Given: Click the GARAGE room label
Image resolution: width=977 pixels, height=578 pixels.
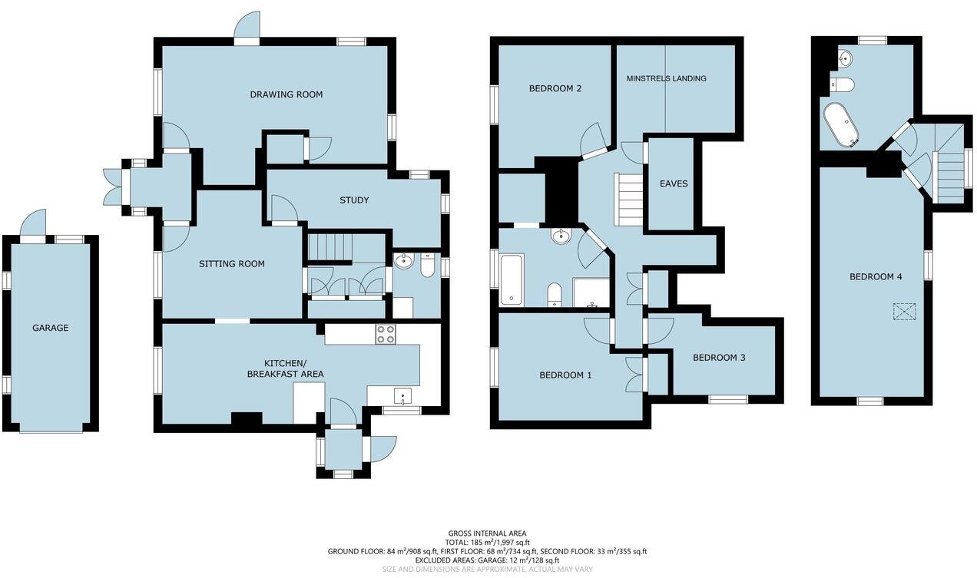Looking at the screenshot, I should pos(50,328).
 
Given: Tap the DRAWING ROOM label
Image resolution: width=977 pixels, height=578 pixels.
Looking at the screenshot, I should pos(286,94).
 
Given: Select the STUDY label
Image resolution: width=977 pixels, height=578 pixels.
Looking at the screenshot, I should pos(354,200).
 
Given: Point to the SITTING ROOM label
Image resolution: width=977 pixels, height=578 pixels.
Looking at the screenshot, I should pos(231,264).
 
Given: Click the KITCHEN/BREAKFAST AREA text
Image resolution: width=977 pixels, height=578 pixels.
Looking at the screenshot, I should pos(284,368).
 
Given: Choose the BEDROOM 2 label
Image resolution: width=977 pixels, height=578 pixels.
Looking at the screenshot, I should pos(555,88).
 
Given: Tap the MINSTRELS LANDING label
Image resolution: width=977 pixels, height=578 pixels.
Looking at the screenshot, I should pos(666,78).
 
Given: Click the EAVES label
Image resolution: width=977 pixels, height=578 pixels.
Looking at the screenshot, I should pos(673,184).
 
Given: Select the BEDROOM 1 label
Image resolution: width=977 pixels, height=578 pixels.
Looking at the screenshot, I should pos(565,375).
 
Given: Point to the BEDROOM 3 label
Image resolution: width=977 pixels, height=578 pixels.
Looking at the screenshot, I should pos(719,358).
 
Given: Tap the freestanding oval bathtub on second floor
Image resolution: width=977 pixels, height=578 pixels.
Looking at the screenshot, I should pos(841,125).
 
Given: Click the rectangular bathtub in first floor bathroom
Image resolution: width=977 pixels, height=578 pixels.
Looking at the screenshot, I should pos(511,280).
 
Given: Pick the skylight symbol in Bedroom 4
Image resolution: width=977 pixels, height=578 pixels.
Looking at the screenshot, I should pos(905,312).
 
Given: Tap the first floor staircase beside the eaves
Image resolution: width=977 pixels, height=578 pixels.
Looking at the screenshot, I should pos(628,199).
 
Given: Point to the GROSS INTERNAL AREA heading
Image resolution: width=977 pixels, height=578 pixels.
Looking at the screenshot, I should pos(488,533).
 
